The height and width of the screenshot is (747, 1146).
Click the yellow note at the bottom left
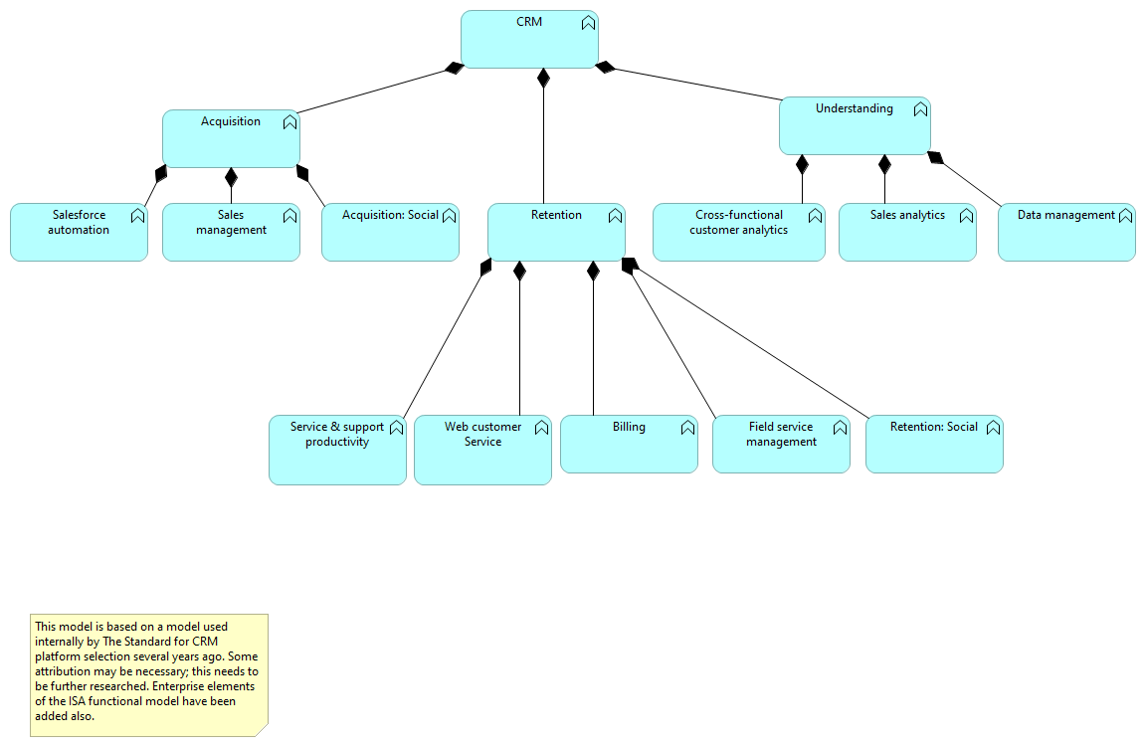[148, 675]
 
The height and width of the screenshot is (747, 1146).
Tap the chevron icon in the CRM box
[588, 24]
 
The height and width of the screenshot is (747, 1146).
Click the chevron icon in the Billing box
[687, 429]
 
